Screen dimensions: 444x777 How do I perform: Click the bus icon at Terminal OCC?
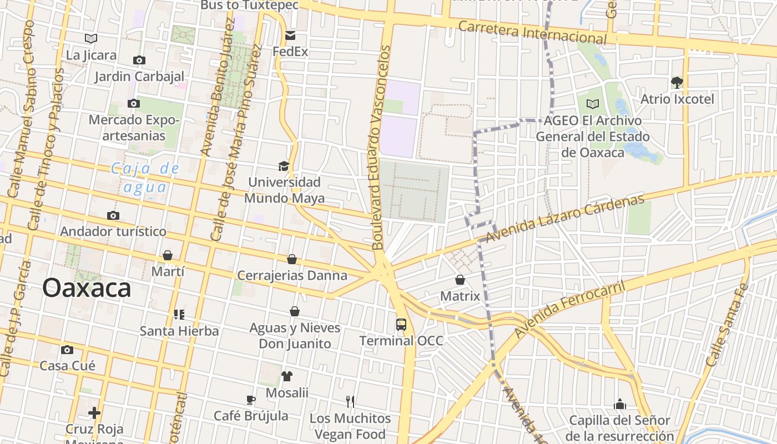pyautogui.click(x=401, y=324)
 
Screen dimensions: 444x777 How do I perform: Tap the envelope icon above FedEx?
pyautogui.click(x=290, y=36)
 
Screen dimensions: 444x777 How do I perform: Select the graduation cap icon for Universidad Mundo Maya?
pyautogui.click(x=284, y=166)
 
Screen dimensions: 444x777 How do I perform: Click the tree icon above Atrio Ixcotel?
pyautogui.click(x=677, y=83)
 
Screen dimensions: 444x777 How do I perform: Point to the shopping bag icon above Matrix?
pyautogui.click(x=460, y=280)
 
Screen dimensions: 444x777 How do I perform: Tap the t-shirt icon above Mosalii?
pyautogui.click(x=286, y=376)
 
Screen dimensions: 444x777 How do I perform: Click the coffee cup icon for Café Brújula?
pyautogui.click(x=251, y=400)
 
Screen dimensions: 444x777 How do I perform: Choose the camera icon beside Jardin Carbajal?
pyautogui.click(x=139, y=60)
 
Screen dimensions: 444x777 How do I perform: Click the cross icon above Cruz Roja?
pyautogui.click(x=94, y=413)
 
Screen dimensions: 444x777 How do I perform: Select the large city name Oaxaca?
pyautogui.click(x=87, y=288)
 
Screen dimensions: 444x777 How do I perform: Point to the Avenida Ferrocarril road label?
pyautogui.click(x=569, y=310)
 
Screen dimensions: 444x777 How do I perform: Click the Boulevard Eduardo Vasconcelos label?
pyautogui.click(x=382, y=147)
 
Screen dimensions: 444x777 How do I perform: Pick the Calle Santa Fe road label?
pyautogui.click(x=727, y=325)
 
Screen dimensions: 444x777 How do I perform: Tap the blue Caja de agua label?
pyautogui.click(x=145, y=178)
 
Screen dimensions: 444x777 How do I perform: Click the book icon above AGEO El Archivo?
pyautogui.click(x=593, y=104)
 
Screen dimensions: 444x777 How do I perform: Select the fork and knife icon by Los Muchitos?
pyautogui.click(x=350, y=401)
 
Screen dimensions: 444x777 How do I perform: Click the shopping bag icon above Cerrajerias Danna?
pyautogui.click(x=292, y=259)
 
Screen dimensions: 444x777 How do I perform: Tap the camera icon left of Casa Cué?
pyautogui.click(x=67, y=350)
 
